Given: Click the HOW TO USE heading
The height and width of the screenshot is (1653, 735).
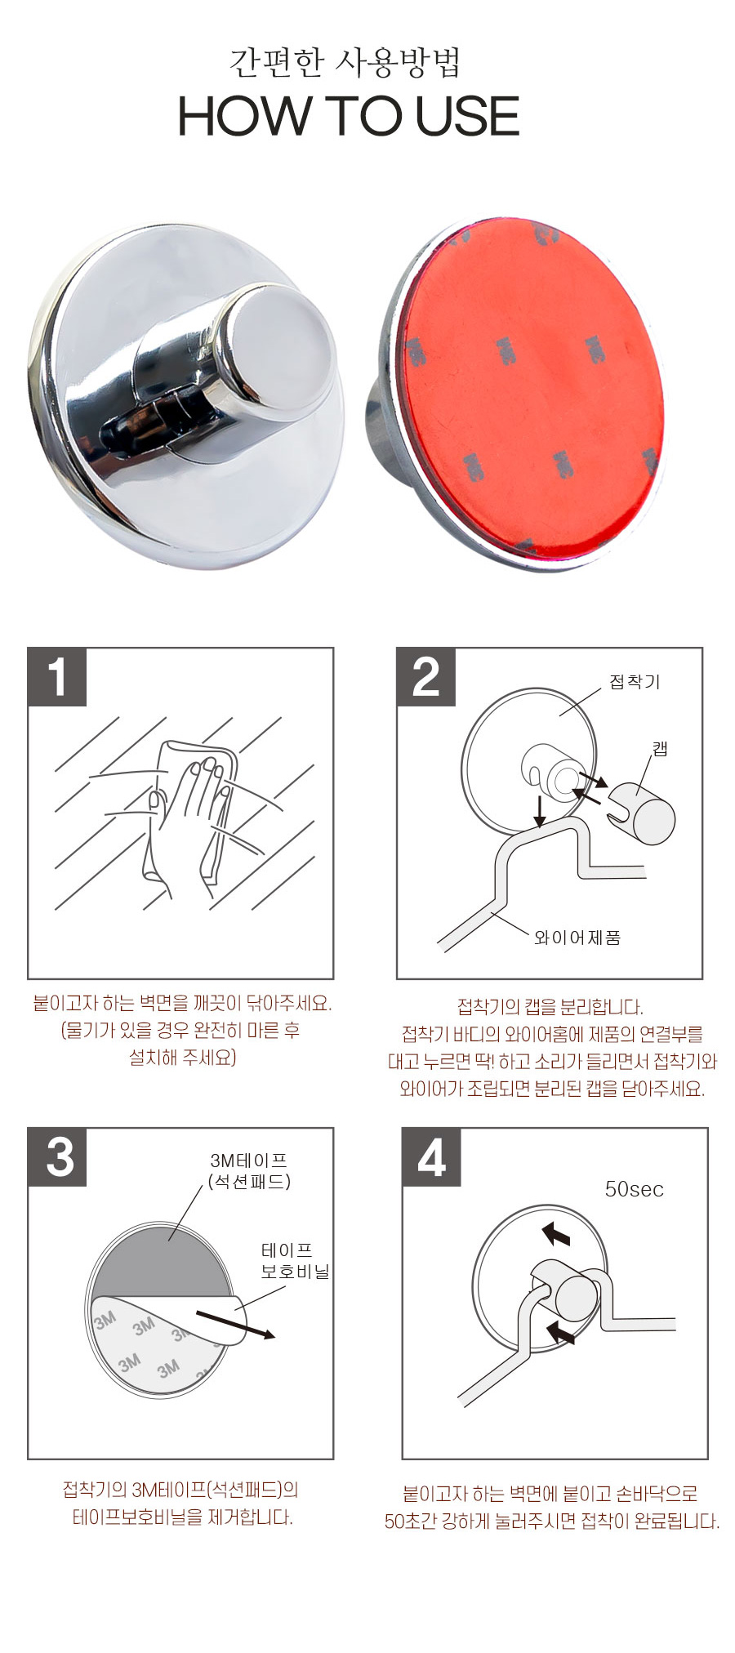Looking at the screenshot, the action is [x=349, y=115].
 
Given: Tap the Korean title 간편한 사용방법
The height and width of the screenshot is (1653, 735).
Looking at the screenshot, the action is [x=345, y=62].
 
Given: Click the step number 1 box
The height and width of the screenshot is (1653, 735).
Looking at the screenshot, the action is [x=57, y=677].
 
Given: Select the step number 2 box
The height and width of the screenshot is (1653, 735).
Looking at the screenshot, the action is [x=426, y=677].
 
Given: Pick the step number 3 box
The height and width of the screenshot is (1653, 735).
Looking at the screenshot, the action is [x=57, y=1157].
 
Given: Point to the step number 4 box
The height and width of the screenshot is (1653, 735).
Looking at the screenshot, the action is [x=432, y=1157].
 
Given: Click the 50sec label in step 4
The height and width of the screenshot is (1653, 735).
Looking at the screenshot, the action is [x=634, y=1189].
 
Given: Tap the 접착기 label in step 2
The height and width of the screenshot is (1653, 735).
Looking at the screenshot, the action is [x=635, y=682].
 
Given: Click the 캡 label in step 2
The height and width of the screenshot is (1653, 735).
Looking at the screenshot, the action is [x=660, y=748].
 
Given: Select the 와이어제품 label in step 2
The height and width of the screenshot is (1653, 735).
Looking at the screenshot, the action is [x=577, y=938].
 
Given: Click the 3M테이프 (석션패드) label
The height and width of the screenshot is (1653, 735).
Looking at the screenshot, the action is [x=249, y=1171].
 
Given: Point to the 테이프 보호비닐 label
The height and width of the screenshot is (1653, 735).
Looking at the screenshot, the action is [x=295, y=1260].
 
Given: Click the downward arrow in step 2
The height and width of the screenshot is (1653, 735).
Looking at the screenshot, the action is [x=540, y=809].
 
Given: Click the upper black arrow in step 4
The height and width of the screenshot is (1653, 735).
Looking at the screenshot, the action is [x=556, y=1232].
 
